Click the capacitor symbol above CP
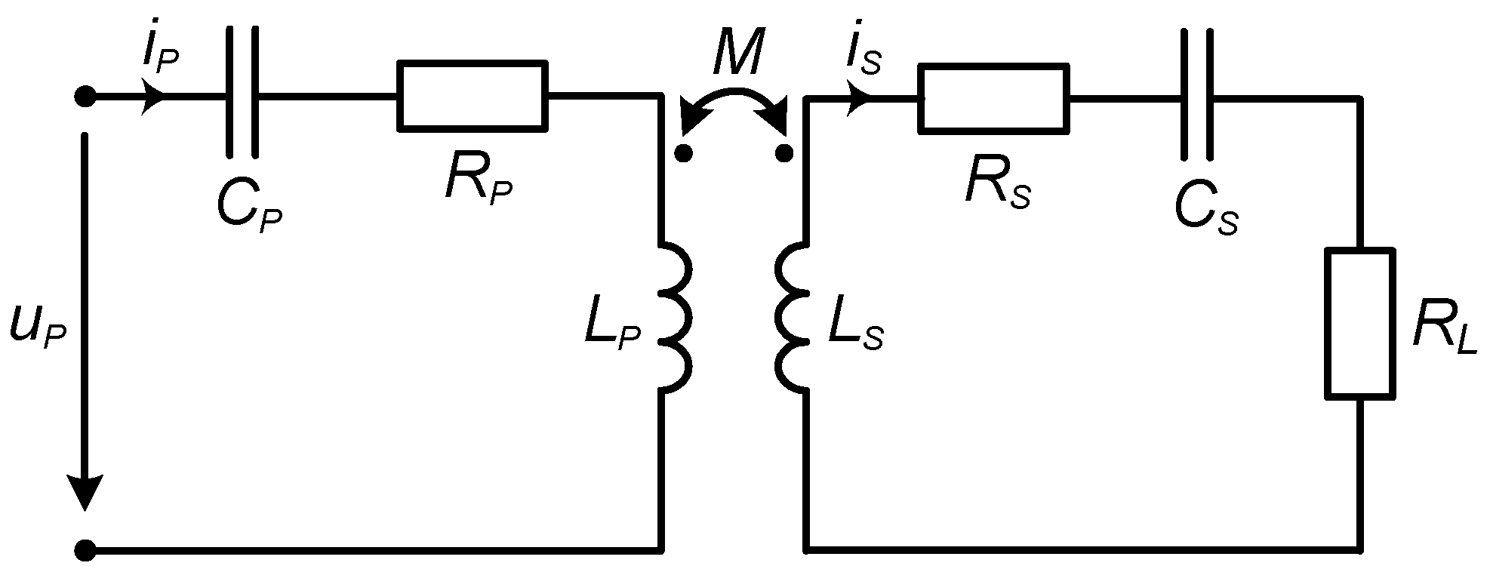coord(242,94)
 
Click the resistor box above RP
coord(473,97)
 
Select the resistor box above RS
coord(993,99)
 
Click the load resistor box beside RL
coord(1359,323)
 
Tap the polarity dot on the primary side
coord(683,154)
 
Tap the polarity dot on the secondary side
coord(784,154)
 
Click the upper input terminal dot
coord(85,97)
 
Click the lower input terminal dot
coord(85,549)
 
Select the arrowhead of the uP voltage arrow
coord(85,494)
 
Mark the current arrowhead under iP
coord(155,97)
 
